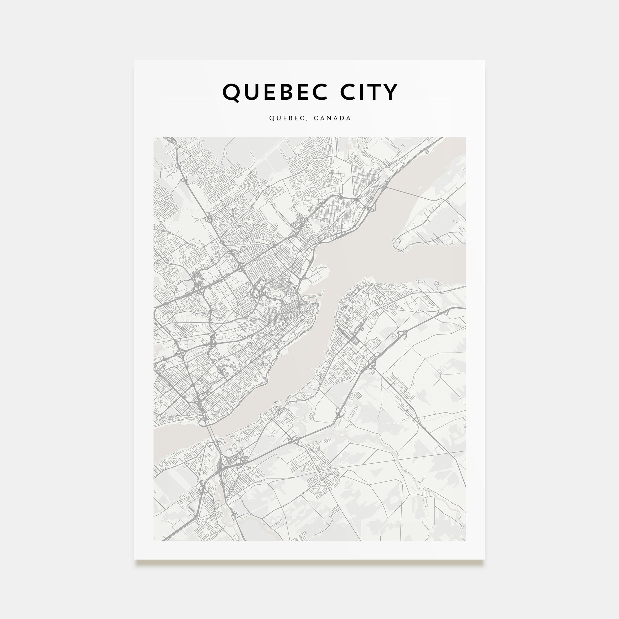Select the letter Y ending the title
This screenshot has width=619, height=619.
pos(391,92)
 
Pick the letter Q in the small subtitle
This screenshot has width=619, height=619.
pos(271,118)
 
